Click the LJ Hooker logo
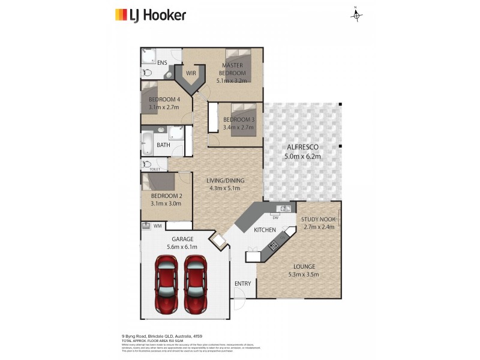(150, 15)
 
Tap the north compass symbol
(357, 16)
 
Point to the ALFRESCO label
(302, 147)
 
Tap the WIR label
(191, 73)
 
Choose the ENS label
(162, 62)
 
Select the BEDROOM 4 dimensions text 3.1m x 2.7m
(164, 107)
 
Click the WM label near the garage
(158, 226)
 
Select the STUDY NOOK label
(319, 220)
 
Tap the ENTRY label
(242, 284)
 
